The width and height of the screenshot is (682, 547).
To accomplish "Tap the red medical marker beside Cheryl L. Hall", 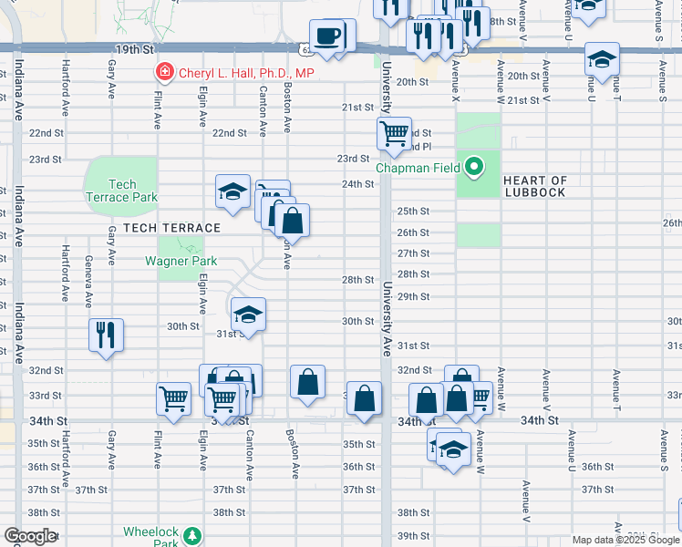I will coord(165,72).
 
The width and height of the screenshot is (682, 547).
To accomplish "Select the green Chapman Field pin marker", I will coord(473,167).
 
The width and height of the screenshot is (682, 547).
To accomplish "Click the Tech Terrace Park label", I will coord(121,191).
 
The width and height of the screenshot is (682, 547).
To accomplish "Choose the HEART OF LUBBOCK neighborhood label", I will coord(534,186).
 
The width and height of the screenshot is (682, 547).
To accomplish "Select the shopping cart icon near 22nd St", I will coord(394,134).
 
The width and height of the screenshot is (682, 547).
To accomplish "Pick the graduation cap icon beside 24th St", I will coord(232,192).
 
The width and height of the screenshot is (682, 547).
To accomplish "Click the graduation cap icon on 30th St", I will coord(247,315).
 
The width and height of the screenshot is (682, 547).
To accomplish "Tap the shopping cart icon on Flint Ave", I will coord(173,399).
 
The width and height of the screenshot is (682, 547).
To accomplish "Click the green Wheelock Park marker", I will coord(192,535).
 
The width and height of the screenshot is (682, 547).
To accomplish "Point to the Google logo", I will coord(29,536).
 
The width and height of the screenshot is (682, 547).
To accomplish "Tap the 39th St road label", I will coord(413,535).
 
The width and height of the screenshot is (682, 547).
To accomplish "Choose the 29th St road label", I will coord(413,296).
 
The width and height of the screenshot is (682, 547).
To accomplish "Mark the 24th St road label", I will coord(358,184).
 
